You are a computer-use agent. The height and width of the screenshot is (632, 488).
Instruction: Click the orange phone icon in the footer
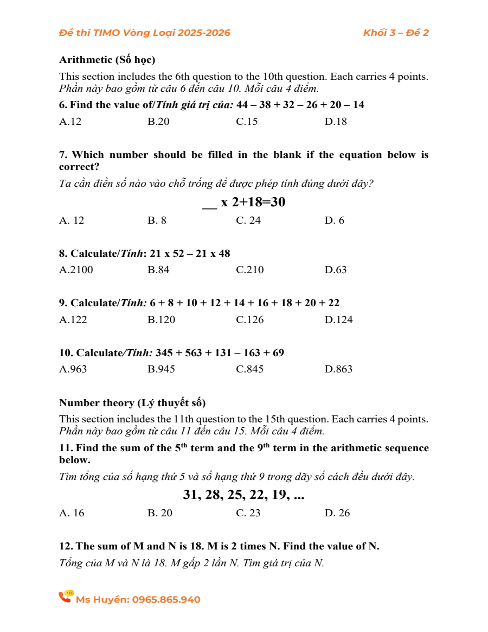point(66,597)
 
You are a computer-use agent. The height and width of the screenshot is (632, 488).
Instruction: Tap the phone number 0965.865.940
point(166,600)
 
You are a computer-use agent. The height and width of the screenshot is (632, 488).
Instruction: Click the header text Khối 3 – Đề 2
point(396,33)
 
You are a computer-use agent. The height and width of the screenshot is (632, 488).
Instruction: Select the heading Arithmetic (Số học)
point(107,59)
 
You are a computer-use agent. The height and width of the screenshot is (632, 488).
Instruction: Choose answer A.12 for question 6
point(70,122)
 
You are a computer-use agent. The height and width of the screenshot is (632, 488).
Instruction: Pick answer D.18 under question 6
point(336,122)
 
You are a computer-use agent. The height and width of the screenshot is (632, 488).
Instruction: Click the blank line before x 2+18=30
point(209,205)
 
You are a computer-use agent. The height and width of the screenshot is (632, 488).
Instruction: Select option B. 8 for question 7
point(157,220)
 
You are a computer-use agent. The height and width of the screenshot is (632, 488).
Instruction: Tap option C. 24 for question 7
point(248,220)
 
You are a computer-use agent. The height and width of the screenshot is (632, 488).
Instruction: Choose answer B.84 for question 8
point(158,270)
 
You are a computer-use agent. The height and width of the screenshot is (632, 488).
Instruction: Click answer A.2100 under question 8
point(76,270)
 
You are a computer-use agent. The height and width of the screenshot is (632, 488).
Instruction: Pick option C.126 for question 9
point(250,320)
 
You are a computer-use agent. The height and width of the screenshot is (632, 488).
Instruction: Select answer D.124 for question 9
point(338,320)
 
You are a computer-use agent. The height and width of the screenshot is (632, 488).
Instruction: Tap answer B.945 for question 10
point(161,369)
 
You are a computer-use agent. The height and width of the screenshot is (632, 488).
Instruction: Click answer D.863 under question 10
point(338,369)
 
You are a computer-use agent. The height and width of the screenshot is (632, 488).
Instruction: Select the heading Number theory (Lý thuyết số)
point(132,403)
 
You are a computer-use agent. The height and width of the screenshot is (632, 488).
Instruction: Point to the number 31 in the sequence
point(190,495)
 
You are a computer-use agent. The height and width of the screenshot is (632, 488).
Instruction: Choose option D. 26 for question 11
point(337,513)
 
